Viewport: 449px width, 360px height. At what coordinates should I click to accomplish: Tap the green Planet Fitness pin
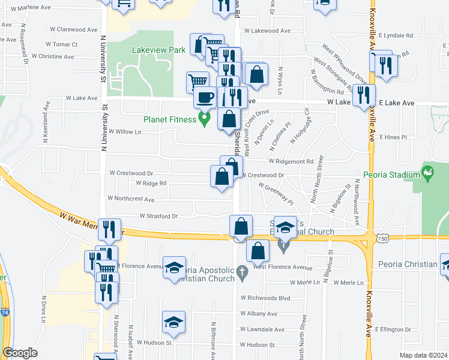[x=204, y=120]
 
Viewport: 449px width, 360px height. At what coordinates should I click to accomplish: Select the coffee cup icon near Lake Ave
[x=205, y=97]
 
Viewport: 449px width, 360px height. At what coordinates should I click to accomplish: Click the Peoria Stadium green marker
[x=427, y=175]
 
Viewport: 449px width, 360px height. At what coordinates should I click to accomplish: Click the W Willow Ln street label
[x=125, y=131]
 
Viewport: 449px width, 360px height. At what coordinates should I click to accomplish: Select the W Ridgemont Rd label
[x=291, y=161]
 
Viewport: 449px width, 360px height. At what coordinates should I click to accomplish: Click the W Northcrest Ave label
[x=131, y=199]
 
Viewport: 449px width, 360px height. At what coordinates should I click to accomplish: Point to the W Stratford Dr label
[x=159, y=216]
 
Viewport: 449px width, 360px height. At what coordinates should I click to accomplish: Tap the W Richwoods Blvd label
[x=265, y=297]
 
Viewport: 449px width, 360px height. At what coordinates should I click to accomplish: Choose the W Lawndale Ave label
[x=262, y=329]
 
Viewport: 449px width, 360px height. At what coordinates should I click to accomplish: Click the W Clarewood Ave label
[x=73, y=29]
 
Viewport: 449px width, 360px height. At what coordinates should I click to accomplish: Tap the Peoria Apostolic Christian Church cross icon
[x=242, y=271]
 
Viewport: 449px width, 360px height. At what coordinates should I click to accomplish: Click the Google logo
[x=20, y=353]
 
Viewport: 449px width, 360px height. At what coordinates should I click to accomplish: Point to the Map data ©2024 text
[x=423, y=355]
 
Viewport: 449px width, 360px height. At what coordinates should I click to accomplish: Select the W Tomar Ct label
[x=62, y=44]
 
